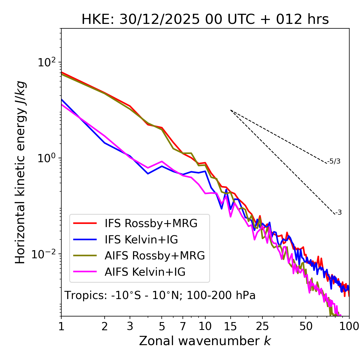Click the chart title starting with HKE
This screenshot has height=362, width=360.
point(205,20)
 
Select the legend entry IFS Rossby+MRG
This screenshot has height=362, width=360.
point(151,223)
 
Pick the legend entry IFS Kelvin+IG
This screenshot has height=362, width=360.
point(141,240)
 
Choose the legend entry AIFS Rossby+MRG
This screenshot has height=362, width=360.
point(155,256)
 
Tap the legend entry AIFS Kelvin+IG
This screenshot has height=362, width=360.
point(145,272)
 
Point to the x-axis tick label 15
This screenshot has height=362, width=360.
point(230,326)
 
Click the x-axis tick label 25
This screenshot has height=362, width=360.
point(262,326)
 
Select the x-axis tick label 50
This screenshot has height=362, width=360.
point(306,326)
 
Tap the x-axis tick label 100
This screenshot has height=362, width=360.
point(349,326)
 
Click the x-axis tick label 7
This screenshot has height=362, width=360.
point(183,326)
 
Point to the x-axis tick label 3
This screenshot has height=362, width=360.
point(130,326)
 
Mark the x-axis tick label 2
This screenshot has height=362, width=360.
point(105,326)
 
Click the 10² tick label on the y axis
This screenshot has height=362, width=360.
point(46,63)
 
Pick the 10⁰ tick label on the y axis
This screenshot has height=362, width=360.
point(46,159)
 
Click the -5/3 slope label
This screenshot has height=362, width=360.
point(334,161)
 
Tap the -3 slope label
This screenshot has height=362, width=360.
point(338,213)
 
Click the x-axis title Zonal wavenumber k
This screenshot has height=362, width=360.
point(205,341)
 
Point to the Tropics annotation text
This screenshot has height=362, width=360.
point(160,295)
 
